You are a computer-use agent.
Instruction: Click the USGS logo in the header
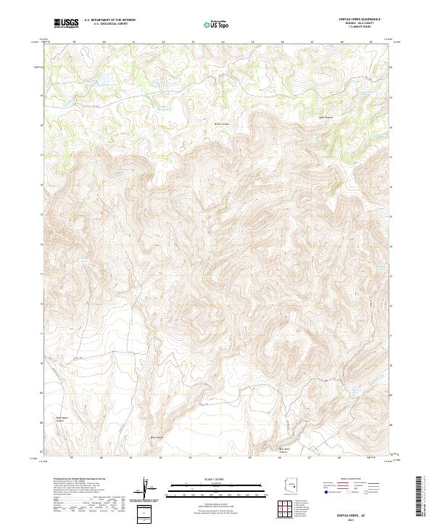coord(67,23)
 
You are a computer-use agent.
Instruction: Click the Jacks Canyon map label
coord(328,118)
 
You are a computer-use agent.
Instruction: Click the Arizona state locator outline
coord(293,485)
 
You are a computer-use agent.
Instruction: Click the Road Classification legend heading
coord(357,480)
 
